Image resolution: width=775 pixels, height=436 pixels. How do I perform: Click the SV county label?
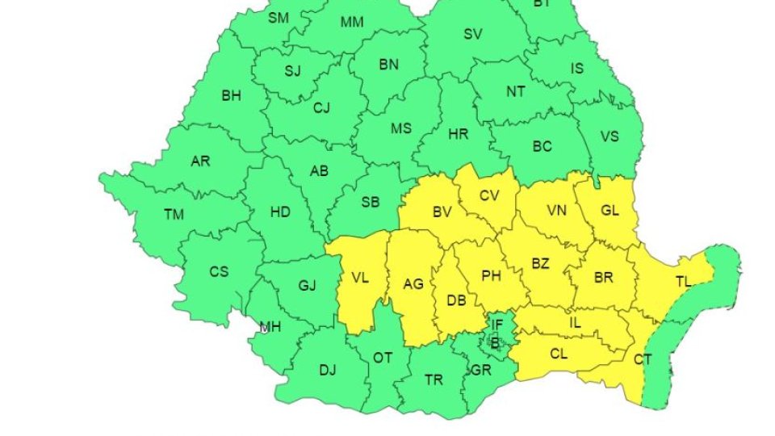[x=473, y=34]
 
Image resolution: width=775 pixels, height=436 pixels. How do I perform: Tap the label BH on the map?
[x=231, y=96]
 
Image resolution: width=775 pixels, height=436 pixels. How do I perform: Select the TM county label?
[x=174, y=215]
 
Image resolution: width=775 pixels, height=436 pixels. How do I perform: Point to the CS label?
[x=219, y=272]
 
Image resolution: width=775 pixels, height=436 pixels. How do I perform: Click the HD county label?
[x=280, y=212]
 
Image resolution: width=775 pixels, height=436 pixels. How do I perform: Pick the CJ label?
[x=322, y=107]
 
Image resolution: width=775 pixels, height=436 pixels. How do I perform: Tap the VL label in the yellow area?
[x=360, y=279]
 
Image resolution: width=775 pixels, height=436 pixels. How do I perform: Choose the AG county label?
[x=413, y=284]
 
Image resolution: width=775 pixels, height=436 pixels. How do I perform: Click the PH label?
[x=491, y=275]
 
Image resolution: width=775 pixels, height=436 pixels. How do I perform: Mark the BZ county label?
[x=540, y=262]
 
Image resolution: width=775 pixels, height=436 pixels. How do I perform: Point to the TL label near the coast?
[x=683, y=282]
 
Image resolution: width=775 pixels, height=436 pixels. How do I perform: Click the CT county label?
[x=643, y=358]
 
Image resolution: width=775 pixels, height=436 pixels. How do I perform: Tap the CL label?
[x=559, y=353]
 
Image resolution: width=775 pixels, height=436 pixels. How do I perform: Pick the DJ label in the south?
[x=327, y=371]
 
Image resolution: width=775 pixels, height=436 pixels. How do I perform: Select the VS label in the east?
[x=609, y=136]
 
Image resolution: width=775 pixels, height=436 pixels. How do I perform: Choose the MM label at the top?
[x=352, y=23]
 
